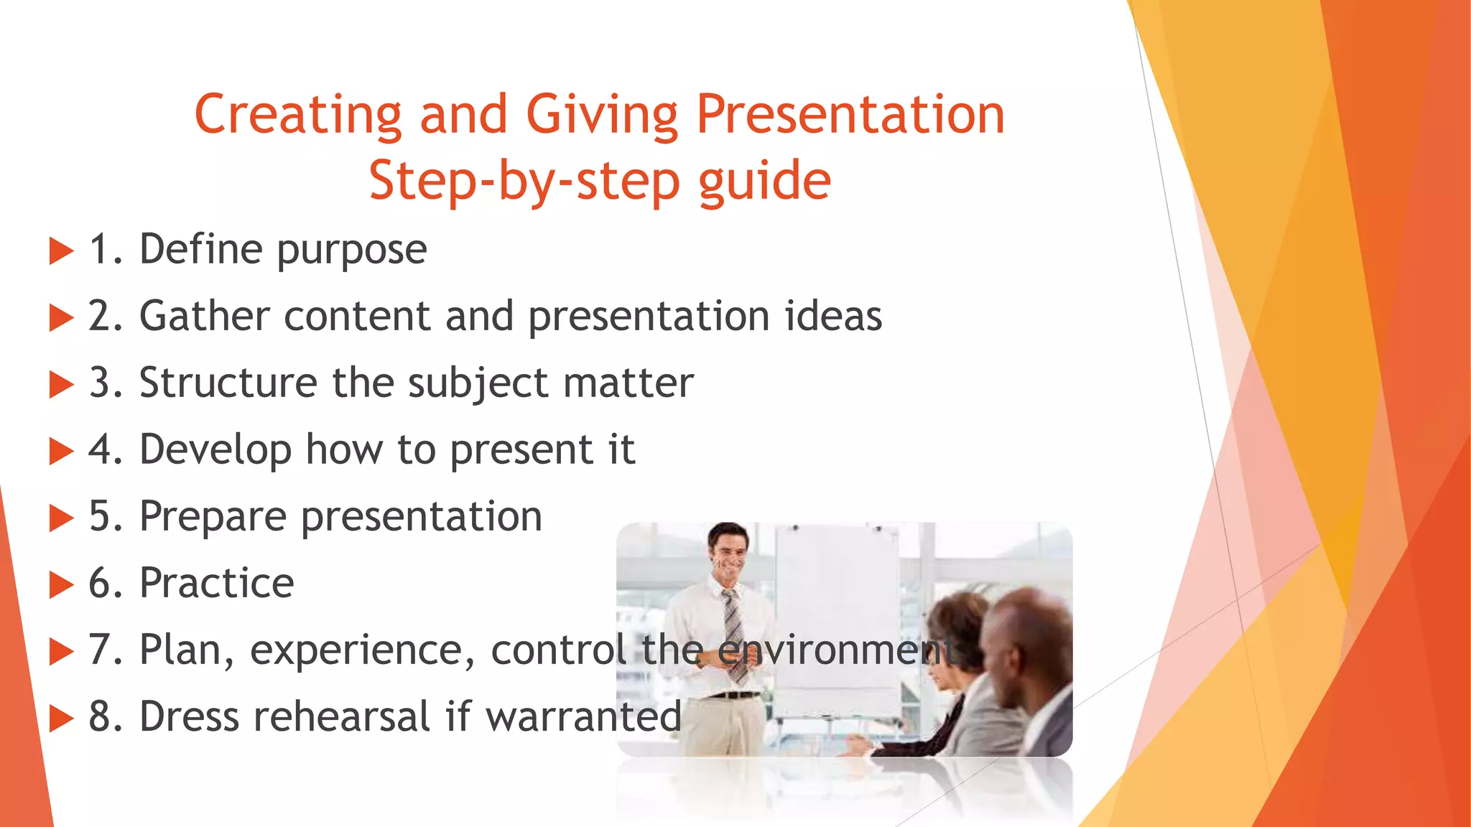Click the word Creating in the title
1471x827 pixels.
pos(297,115)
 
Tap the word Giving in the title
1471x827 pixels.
pos(602,115)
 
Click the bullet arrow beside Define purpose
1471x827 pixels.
pos(62,251)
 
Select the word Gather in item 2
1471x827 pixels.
pos(204,317)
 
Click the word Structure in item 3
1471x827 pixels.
pos(228,383)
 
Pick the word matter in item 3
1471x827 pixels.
pos(628,383)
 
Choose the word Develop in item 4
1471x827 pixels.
pos(215,450)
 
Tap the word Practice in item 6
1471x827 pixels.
pos(216,583)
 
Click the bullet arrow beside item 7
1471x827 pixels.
pos(62,652)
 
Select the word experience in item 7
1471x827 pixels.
pos(362,651)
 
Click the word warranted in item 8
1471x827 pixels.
pos(583,716)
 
